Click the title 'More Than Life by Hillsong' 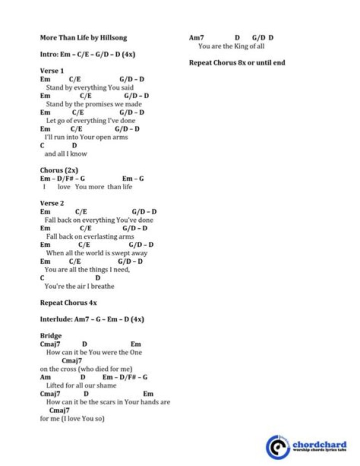83,38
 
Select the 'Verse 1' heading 52,71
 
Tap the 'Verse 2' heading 52,203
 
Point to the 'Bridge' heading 50,335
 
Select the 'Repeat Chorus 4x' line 68,302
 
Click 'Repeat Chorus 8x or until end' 237,63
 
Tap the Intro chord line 87,54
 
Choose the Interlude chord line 92,319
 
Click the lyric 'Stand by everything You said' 89,88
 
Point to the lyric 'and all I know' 65,154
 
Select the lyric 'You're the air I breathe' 79,286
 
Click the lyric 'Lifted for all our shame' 81,385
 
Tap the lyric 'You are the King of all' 231,46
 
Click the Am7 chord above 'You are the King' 196,38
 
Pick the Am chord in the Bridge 45,377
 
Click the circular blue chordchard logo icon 277,446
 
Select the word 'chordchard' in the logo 319,444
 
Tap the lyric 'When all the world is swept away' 96,253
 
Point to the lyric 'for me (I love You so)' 72,418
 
